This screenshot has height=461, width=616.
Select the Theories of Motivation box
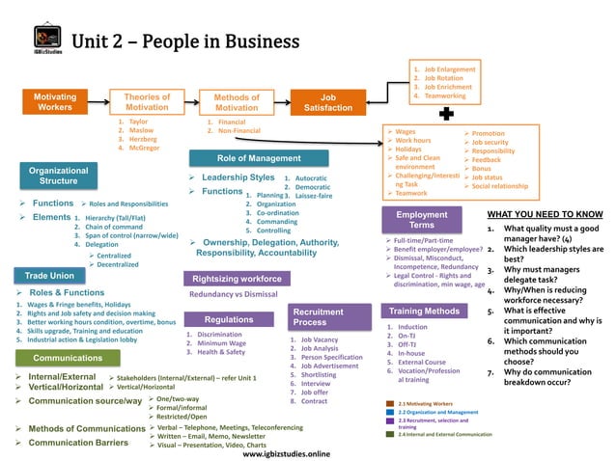147,102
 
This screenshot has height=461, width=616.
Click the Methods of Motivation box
237,102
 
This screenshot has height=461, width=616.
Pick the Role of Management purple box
259,157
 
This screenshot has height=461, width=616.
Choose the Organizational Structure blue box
58,176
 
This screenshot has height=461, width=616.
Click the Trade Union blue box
49,276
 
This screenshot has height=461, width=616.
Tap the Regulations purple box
229,319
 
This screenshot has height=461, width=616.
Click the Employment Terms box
422,219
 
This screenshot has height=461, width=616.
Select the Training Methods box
424,312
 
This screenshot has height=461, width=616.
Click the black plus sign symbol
447,115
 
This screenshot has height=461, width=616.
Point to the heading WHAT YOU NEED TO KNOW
545,214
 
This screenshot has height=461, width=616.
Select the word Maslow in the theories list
141,131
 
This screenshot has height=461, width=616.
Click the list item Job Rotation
443,78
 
